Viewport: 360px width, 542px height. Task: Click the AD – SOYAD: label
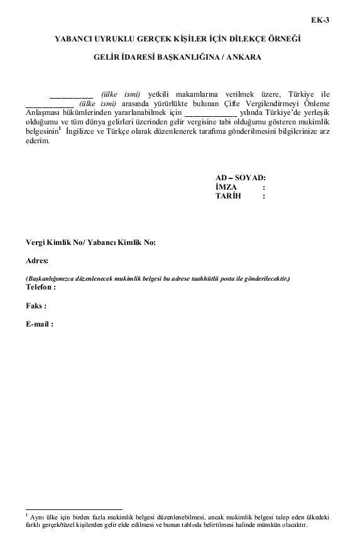[240, 178]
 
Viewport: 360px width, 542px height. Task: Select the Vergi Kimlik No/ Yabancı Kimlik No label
[90, 242]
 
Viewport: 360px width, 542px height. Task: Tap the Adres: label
[37, 260]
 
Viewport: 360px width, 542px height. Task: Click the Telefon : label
[41, 286]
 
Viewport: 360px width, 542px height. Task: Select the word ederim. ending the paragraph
[38, 141]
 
